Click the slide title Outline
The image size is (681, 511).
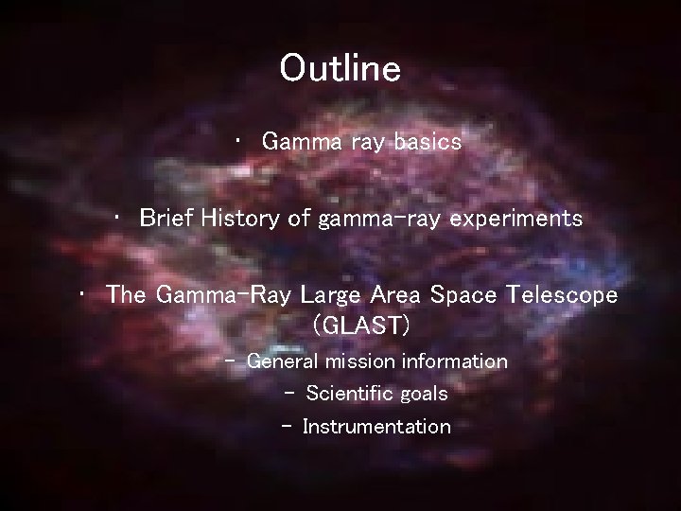click(x=340, y=68)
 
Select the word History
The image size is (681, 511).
click(x=243, y=219)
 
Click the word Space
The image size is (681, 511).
click(x=464, y=294)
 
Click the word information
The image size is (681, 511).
click(x=455, y=361)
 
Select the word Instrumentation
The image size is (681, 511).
click(x=376, y=427)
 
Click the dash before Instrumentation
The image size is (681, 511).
click(x=287, y=427)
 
